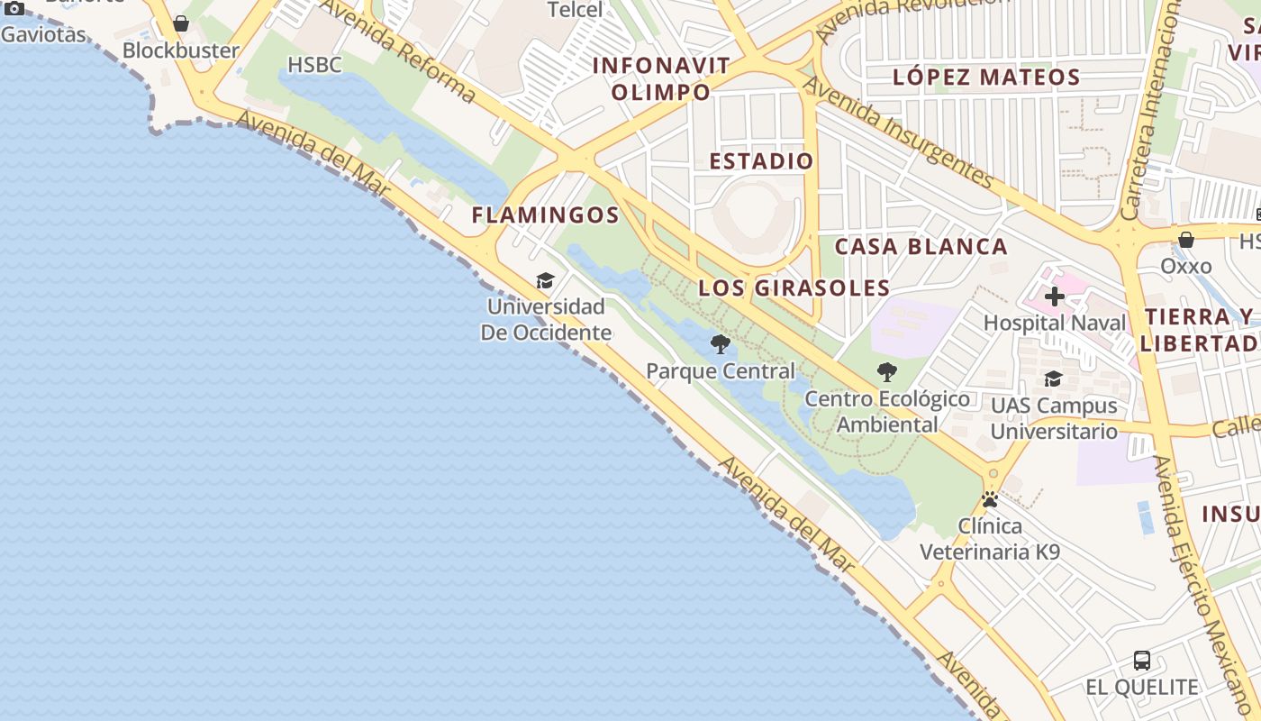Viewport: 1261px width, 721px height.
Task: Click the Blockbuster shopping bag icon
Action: [181, 23]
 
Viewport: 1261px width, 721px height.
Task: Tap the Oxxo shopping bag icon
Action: [1186, 240]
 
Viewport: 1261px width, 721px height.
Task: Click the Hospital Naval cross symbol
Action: [1055, 297]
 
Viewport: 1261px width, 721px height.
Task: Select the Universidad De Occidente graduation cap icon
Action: [545, 281]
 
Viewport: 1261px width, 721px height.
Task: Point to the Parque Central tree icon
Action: [720, 343]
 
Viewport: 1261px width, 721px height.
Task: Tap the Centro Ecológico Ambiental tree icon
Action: [887, 371]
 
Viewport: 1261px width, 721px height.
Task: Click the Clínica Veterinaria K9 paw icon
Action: [990, 499]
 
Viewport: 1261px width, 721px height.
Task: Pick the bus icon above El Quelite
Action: [1142, 661]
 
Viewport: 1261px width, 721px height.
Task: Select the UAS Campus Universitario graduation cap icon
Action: [1053, 379]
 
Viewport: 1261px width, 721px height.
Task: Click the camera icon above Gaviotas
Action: [14, 9]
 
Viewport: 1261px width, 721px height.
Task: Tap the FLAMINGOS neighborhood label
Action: [546, 215]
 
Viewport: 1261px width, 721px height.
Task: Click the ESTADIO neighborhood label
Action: [761, 161]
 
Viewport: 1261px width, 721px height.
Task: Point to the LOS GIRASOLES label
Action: [794, 288]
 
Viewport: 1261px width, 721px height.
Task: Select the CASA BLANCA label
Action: [921, 247]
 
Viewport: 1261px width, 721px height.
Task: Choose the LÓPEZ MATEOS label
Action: [986, 78]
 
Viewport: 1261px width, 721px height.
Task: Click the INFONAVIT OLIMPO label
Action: [661, 78]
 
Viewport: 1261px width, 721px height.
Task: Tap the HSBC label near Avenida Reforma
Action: [314, 65]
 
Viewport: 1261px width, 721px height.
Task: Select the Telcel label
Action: [576, 11]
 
